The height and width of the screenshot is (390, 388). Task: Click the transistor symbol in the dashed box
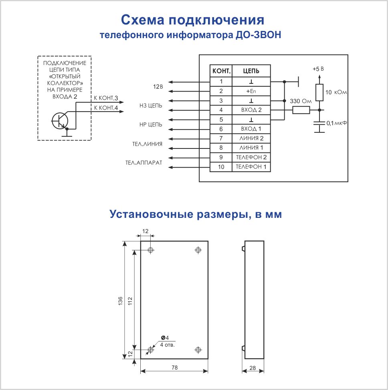60,120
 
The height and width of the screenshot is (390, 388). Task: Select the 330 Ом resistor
301,110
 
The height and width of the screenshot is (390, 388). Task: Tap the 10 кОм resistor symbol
319,92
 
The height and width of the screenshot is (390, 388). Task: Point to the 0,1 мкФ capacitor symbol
319,124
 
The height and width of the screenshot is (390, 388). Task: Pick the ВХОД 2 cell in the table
251,110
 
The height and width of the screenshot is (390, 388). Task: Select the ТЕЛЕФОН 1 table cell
251,167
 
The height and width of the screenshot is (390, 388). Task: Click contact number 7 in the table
221,138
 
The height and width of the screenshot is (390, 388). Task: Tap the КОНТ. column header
221,71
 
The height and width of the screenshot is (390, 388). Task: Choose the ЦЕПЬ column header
251,71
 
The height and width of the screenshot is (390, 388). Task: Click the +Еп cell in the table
251,91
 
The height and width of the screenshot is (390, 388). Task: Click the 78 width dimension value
174,367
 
